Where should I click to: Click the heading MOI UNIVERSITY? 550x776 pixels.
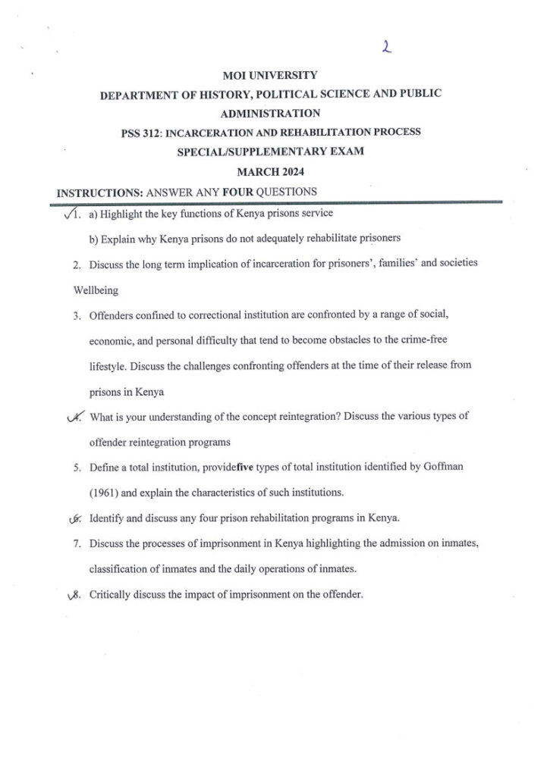click(x=270, y=76)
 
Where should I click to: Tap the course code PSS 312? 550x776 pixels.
click(x=140, y=133)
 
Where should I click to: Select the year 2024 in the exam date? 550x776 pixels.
click(x=288, y=171)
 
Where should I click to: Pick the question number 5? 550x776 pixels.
click(x=77, y=468)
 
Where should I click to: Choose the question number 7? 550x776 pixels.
click(x=77, y=543)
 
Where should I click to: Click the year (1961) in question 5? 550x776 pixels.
click(x=103, y=493)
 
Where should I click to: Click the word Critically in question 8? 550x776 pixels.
click(x=111, y=595)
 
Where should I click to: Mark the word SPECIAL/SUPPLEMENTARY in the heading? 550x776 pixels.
click(x=244, y=152)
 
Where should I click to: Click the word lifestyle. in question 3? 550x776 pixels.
click(x=107, y=366)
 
